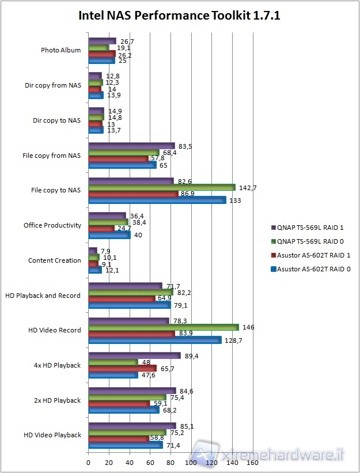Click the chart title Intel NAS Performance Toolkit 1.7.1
pyautogui.click(x=179, y=15)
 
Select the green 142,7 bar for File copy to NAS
pyautogui.click(x=161, y=187)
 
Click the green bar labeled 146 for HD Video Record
pyautogui.click(x=163, y=327)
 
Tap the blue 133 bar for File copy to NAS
pyautogui.click(x=157, y=200)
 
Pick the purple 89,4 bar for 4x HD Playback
pyautogui.click(x=134, y=356)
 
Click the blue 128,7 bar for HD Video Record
pyautogui.click(x=154, y=340)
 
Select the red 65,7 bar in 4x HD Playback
pyautogui.click(x=122, y=368)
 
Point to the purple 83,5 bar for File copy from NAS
pyautogui.click(x=131, y=146)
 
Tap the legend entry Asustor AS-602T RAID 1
pyautogui.click(x=313, y=255)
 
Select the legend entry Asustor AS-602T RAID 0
pyautogui.click(x=313, y=269)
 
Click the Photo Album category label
pyautogui.click(x=61, y=50)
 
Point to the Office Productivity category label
pyautogui.click(x=52, y=225)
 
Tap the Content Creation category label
pyautogui.click(x=55, y=260)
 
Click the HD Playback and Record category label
pyautogui.click(x=44, y=296)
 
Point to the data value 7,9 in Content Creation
pyautogui.click(x=106, y=251)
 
